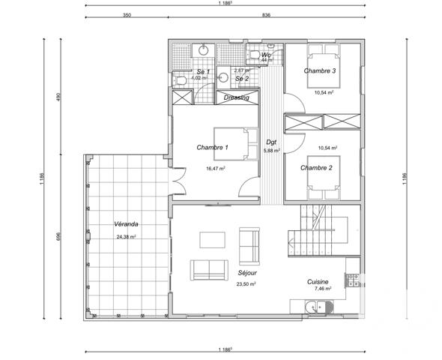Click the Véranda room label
click(x=125, y=224)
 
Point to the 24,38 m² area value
click(x=127, y=236)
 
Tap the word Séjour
click(x=246, y=274)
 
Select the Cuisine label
click(x=318, y=281)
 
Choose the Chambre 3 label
click(x=319, y=71)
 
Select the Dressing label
click(x=236, y=97)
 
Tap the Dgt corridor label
click(x=272, y=141)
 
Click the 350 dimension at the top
click(x=127, y=15)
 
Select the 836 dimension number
click(x=266, y=15)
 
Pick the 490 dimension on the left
click(x=56, y=98)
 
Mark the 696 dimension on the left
click(x=56, y=235)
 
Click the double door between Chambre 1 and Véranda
click(x=177, y=180)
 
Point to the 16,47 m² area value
click(x=215, y=169)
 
